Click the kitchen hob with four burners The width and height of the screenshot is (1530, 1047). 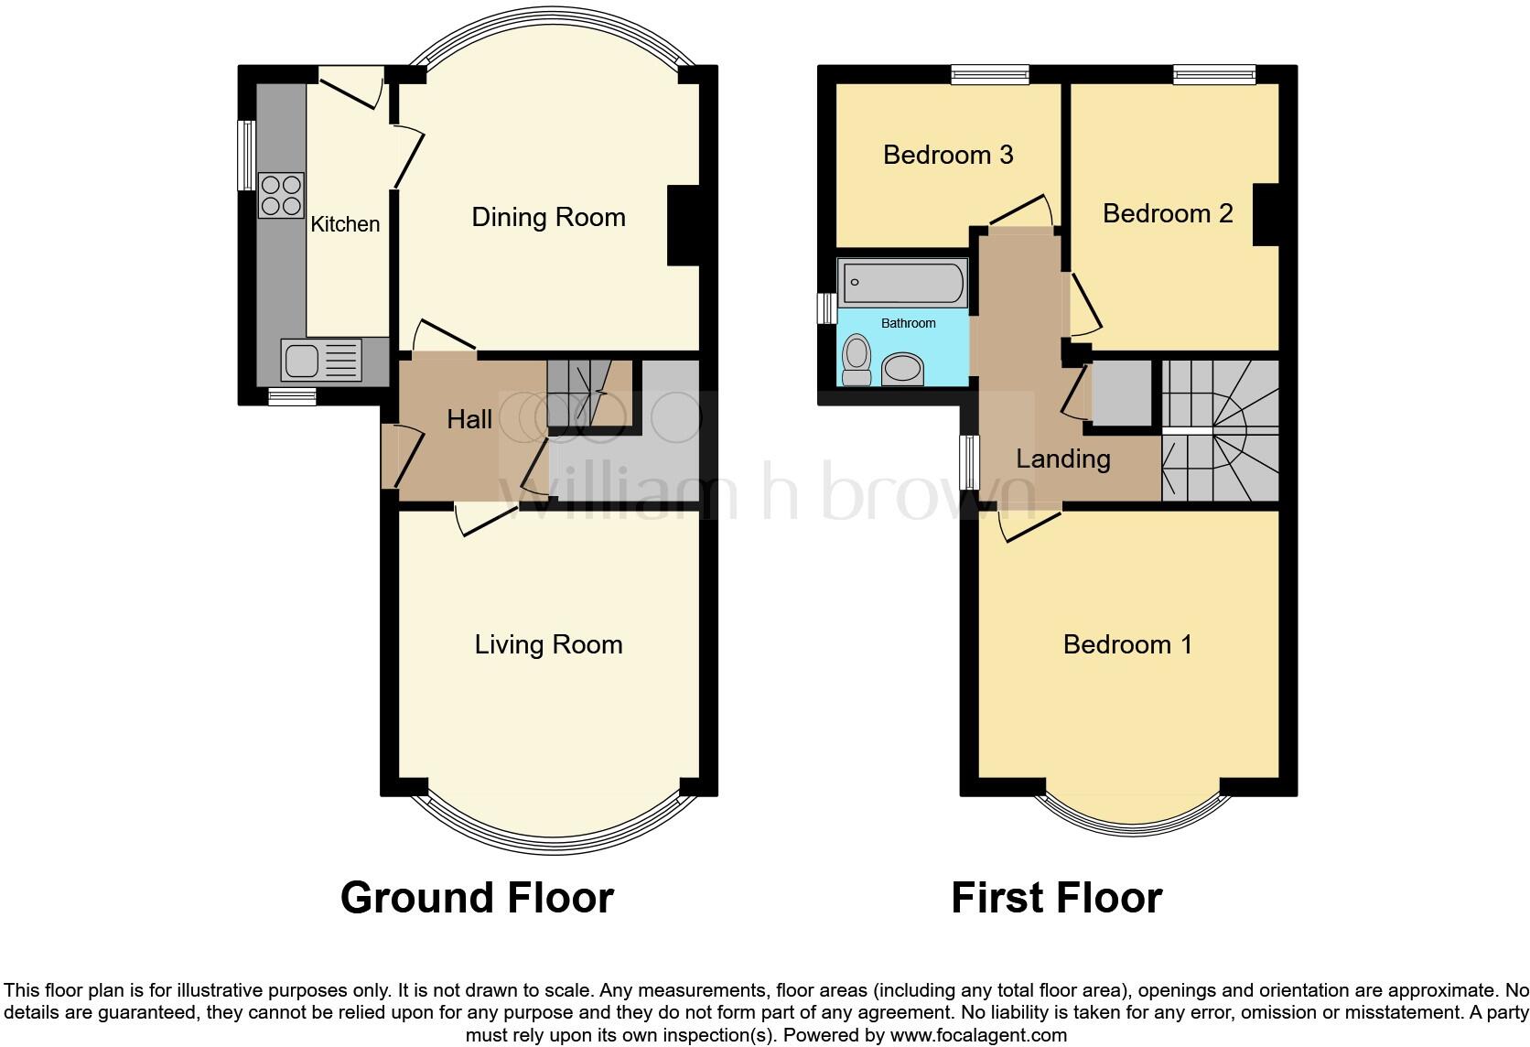click(x=281, y=195)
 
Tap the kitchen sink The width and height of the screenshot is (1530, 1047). click(x=322, y=360)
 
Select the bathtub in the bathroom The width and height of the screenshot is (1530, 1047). click(x=903, y=281)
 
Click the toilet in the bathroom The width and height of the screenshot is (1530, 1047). click(x=857, y=360)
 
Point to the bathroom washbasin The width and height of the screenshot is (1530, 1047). click(x=903, y=370)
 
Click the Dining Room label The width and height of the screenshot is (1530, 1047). click(x=548, y=217)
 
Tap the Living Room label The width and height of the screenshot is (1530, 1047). click(x=548, y=644)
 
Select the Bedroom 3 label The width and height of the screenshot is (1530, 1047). click(x=947, y=155)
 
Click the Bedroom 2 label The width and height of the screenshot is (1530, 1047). click(x=1167, y=213)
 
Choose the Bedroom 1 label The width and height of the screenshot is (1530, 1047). click(x=1127, y=644)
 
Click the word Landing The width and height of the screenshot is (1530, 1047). click(x=1062, y=459)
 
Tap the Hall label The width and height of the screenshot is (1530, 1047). click(x=469, y=419)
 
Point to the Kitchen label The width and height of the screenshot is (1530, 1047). click(x=345, y=224)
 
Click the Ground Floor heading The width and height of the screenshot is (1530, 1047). click(x=477, y=898)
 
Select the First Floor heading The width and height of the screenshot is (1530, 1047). click(x=1056, y=898)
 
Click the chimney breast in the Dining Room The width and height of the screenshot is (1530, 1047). click(x=684, y=226)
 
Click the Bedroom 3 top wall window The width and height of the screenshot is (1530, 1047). click(x=989, y=75)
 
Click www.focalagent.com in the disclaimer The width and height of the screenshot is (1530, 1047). click(x=978, y=1036)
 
